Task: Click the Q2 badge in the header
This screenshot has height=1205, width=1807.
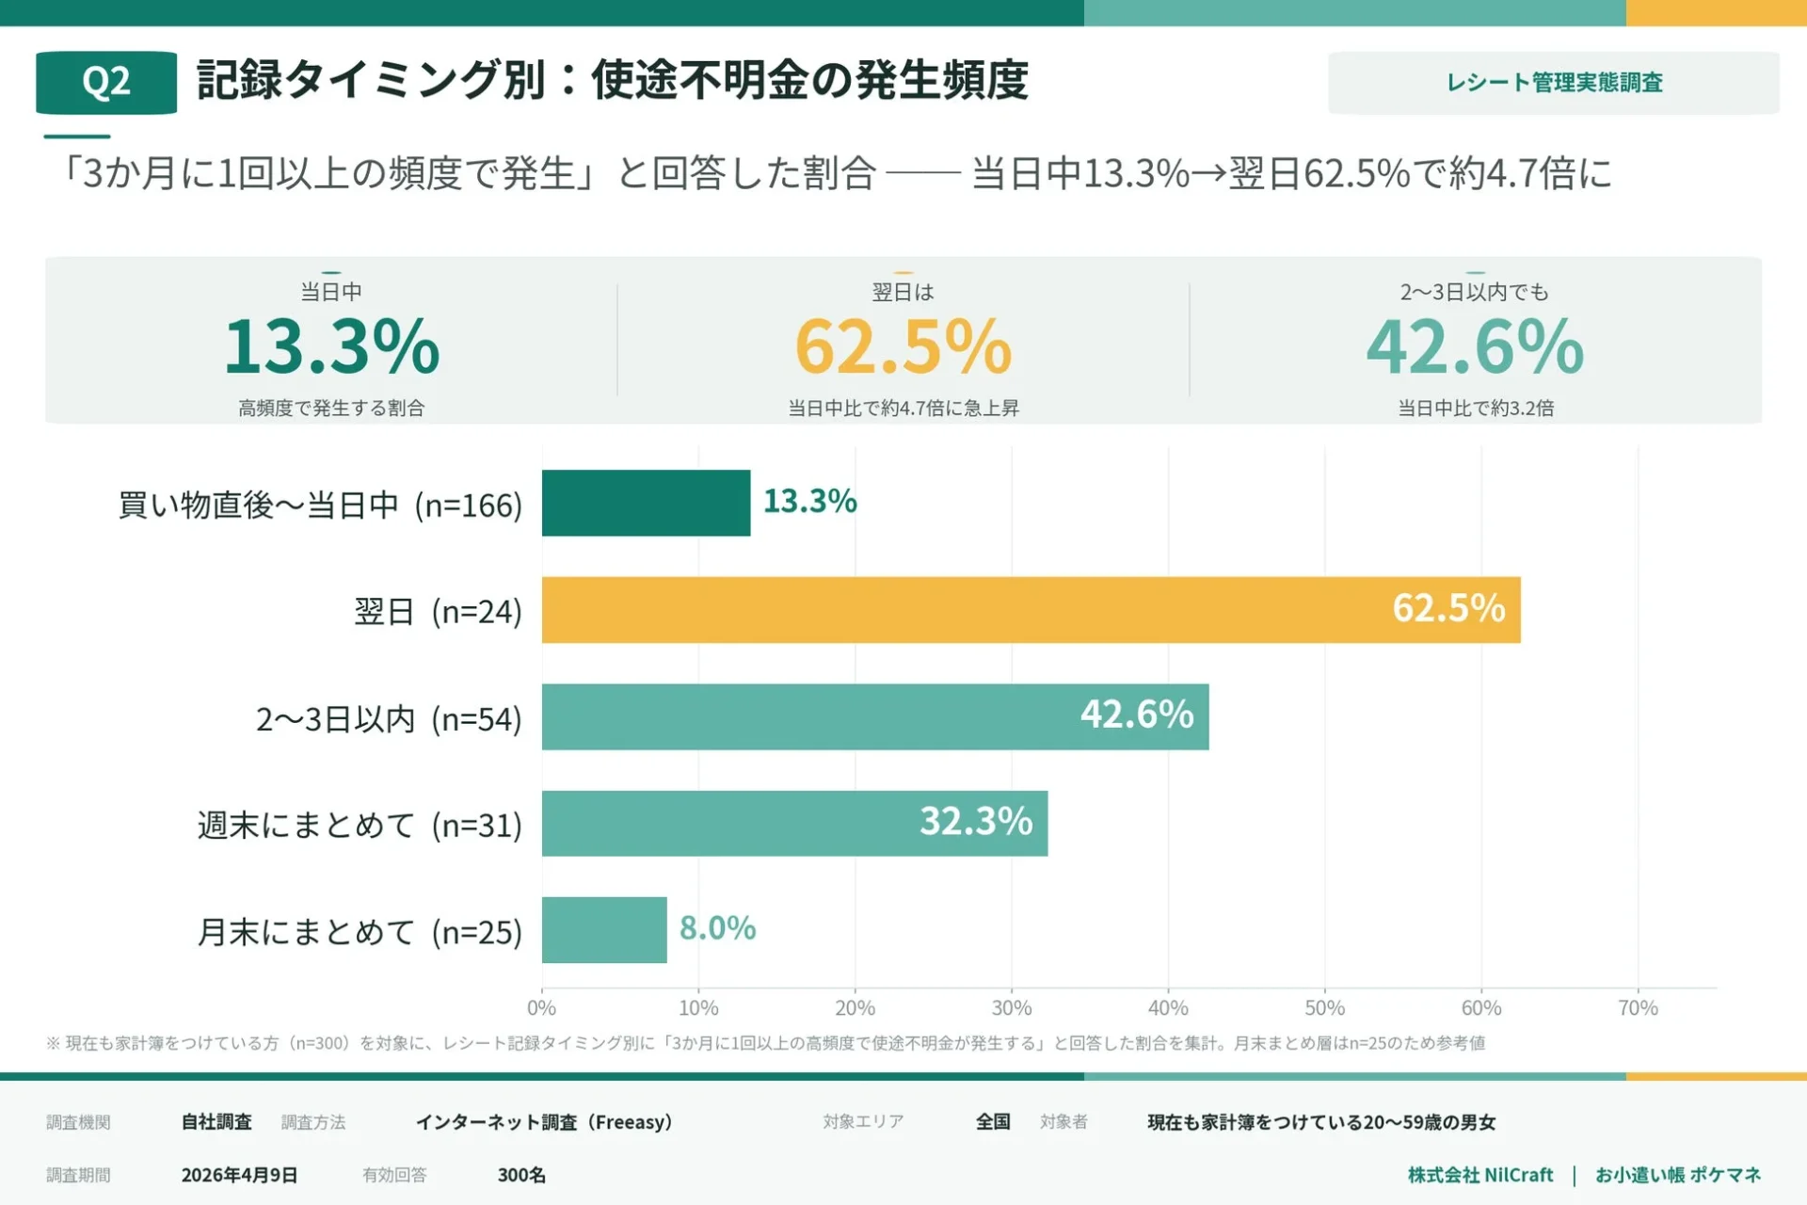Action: pos(106,83)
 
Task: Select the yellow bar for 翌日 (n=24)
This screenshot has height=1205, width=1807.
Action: pos(1031,610)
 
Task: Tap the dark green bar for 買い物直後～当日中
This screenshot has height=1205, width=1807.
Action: pos(646,503)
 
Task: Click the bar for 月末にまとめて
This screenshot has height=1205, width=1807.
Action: pos(604,930)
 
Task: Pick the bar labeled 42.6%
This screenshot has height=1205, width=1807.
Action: pos(875,717)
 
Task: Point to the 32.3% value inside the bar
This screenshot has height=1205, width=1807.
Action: pos(976,822)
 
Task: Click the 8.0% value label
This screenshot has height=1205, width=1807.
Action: pos(717,928)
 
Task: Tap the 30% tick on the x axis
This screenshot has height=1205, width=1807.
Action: pos(1012,1008)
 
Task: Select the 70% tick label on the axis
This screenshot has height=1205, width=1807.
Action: pos(1638,1008)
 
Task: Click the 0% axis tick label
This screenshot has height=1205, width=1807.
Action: pos(541,1008)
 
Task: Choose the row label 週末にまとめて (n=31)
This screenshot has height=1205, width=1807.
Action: pos(360,826)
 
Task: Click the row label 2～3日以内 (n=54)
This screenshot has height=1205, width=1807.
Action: pos(389,719)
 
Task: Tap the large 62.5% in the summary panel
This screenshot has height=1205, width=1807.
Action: pos(903,346)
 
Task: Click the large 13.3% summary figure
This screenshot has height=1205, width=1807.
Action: pos(331,346)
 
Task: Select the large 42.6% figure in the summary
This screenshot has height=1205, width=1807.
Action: pos(1475,346)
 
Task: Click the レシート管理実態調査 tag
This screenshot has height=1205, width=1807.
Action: pos(1554,83)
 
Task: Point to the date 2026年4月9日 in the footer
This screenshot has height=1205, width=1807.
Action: pos(239,1175)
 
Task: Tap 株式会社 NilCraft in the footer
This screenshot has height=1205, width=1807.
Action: pos(1480,1175)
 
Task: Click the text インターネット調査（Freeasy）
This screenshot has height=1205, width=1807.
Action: pos(544,1122)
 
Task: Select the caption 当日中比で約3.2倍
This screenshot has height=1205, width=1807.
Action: pos(1475,408)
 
